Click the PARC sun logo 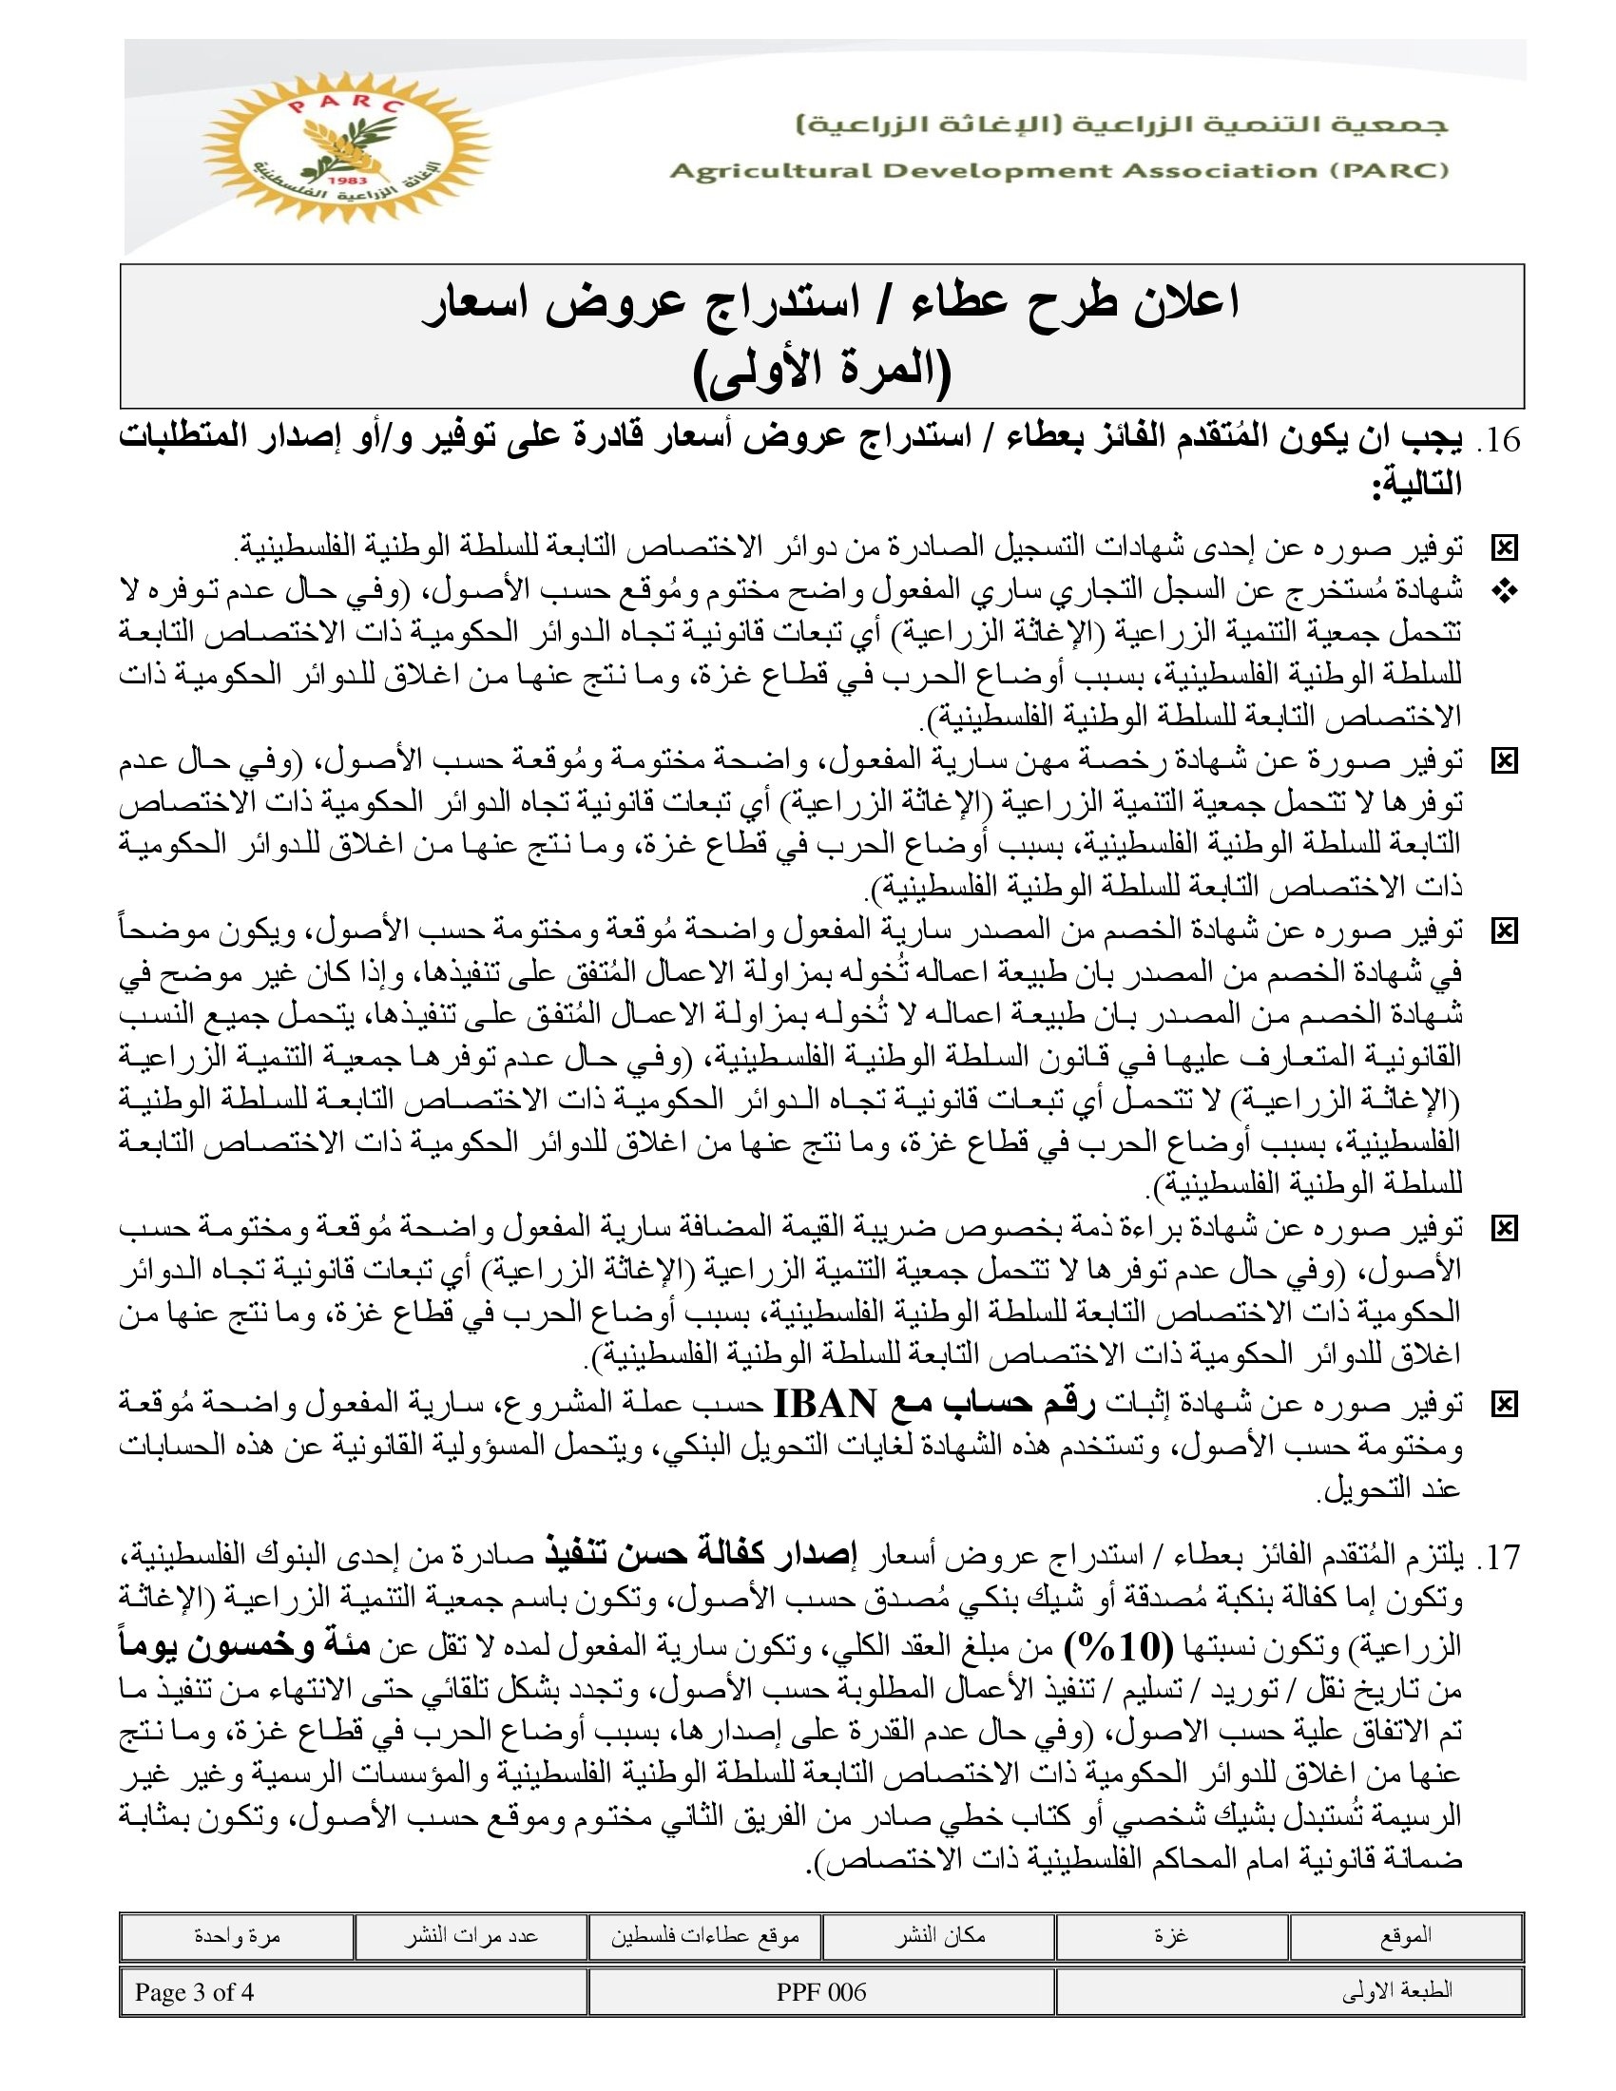[344, 148]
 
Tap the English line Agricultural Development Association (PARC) [1059, 171]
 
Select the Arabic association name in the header [1122, 125]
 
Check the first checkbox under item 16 [1505, 548]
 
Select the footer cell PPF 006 [821, 1992]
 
